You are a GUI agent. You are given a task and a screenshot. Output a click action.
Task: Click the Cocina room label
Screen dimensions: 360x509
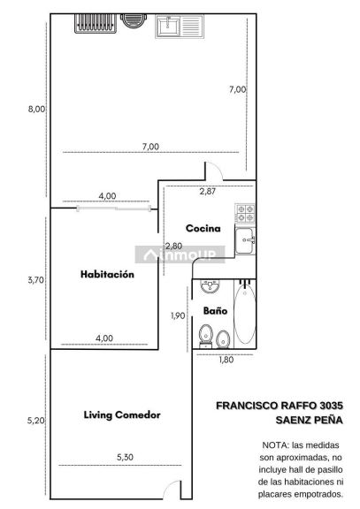[x=203, y=228]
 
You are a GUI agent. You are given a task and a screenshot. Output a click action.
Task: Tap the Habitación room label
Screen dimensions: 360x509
[x=107, y=274]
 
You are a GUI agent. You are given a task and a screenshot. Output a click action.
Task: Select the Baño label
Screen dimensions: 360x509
[x=215, y=311]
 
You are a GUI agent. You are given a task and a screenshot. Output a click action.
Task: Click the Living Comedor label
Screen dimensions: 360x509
[x=122, y=414]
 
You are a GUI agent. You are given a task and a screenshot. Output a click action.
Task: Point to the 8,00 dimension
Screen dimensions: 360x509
[x=36, y=109]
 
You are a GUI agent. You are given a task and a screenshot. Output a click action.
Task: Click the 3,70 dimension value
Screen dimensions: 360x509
[x=35, y=280]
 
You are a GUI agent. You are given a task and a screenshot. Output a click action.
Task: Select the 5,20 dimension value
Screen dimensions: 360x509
[x=35, y=421]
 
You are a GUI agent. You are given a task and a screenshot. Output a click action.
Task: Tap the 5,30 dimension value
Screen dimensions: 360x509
[x=125, y=457]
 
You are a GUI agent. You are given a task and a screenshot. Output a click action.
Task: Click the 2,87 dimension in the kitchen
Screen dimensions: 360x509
[x=208, y=191]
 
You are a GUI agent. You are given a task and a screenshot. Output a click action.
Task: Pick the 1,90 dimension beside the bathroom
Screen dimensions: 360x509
[x=178, y=315]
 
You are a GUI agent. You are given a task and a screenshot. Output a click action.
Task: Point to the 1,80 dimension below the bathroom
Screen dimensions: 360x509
[x=226, y=360]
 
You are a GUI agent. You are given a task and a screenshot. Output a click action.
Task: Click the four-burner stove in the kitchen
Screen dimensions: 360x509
[x=245, y=213]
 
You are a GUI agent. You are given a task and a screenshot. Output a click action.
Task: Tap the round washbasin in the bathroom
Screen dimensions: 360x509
[x=210, y=286]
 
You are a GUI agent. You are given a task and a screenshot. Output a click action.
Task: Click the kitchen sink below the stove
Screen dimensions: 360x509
[x=245, y=240]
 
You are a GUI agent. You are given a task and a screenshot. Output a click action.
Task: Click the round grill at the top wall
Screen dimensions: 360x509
[x=134, y=21]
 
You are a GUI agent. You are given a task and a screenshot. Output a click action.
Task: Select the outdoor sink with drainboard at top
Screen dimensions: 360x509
[x=180, y=27]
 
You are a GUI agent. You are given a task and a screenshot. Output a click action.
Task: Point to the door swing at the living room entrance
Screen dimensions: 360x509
[x=172, y=489]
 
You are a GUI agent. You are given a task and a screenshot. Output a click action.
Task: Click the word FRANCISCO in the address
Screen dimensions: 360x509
[x=247, y=406]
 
